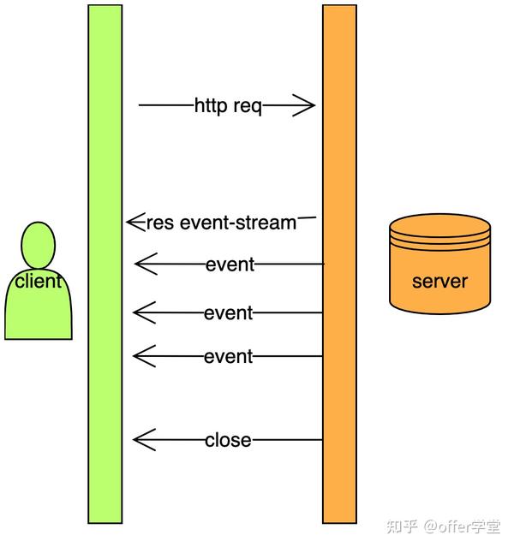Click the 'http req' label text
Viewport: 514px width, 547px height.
coord(228,106)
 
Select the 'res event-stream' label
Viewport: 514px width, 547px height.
coord(221,223)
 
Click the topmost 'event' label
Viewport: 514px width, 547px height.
coord(230,265)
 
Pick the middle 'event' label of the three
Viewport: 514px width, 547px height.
coord(228,312)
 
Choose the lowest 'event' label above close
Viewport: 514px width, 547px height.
coord(228,356)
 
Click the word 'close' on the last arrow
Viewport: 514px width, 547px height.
coord(228,440)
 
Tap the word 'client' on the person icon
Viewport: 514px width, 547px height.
coord(38,280)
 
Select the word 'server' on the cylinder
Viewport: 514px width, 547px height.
coord(439,282)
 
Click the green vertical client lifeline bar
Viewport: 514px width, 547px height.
coord(105,385)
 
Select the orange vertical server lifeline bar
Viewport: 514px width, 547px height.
coord(339,385)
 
